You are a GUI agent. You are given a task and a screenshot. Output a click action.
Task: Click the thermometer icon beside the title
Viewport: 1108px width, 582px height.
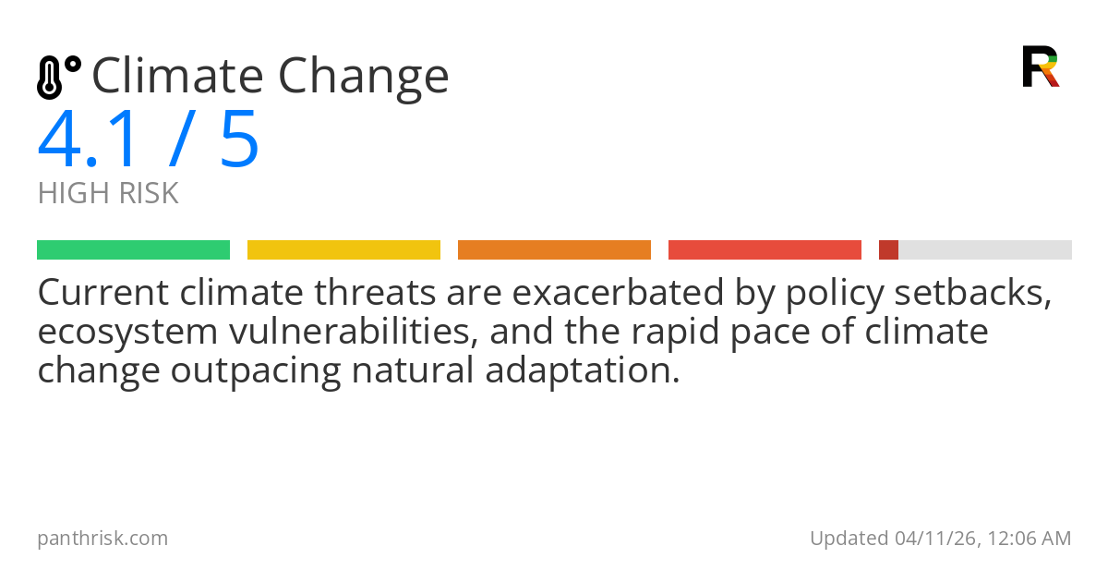coord(57,77)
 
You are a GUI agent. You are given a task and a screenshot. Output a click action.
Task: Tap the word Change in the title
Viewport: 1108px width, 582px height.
coord(364,78)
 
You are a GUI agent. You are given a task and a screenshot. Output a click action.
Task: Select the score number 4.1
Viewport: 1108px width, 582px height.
coord(90,140)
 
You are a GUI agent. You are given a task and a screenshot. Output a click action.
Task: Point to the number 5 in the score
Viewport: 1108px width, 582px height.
coord(239,140)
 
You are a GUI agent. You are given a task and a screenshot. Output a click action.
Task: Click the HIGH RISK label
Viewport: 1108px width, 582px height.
coord(108,193)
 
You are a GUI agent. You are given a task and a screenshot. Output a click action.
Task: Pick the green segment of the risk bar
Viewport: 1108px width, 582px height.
coord(133,250)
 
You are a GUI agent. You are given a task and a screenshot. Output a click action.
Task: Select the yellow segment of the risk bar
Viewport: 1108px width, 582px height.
coord(343,250)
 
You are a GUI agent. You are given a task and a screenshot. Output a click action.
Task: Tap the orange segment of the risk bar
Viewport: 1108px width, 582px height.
coord(554,250)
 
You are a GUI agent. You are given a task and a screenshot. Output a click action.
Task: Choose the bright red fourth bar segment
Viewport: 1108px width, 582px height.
coord(765,250)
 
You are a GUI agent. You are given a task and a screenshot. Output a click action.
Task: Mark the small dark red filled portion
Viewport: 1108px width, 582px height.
coord(888,250)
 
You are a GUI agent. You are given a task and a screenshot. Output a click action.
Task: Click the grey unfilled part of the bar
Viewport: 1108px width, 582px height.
coord(984,250)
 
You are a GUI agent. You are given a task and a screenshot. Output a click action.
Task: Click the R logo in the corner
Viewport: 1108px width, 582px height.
coord(1040,67)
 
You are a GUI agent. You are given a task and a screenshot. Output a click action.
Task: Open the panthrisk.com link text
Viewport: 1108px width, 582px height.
coord(102,538)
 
